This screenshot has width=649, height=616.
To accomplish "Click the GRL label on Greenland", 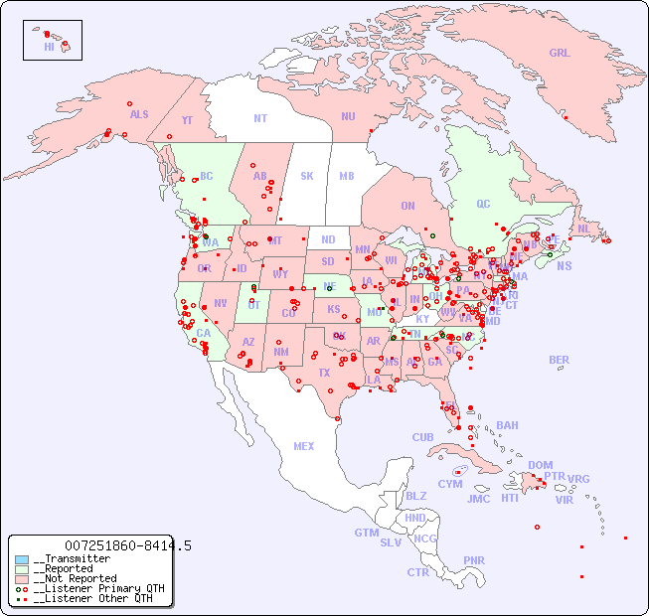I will pyautogui.click(x=560, y=54).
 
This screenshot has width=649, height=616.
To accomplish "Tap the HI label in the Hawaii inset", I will pyautogui.click(x=49, y=47).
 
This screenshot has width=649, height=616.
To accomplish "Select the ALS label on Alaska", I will pyautogui.click(x=139, y=114).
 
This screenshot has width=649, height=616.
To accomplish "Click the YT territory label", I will pyautogui.click(x=187, y=120).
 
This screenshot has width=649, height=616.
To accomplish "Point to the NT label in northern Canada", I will pyautogui.click(x=259, y=118).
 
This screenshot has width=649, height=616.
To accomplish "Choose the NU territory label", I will pyautogui.click(x=348, y=116).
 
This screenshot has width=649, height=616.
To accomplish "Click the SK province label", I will pyautogui.click(x=307, y=176).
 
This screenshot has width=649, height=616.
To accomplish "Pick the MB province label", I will pyautogui.click(x=346, y=176).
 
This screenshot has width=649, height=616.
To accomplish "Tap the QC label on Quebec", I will pyautogui.click(x=483, y=204).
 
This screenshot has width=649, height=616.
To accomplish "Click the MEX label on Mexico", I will pyautogui.click(x=304, y=446).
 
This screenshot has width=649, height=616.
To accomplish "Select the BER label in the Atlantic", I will pyautogui.click(x=559, y=360).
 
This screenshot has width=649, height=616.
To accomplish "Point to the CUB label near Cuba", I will pyautogui.click(x=422, y=437).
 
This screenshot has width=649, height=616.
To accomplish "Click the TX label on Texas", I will pyautogui.click(x=324, y=373).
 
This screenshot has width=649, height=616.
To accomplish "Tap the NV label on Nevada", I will pyautogui.click(x=220, y=303).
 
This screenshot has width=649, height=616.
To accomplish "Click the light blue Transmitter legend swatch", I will pyautogui.click(x=22, y=559).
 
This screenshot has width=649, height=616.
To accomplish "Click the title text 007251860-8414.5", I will pyautogui.click(x=127, y=545).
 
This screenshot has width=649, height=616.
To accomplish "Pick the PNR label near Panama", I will pyautogui.click(x=474, y=560).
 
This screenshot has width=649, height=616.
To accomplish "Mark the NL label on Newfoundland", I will pyautogui.click(x=583, y=228).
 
